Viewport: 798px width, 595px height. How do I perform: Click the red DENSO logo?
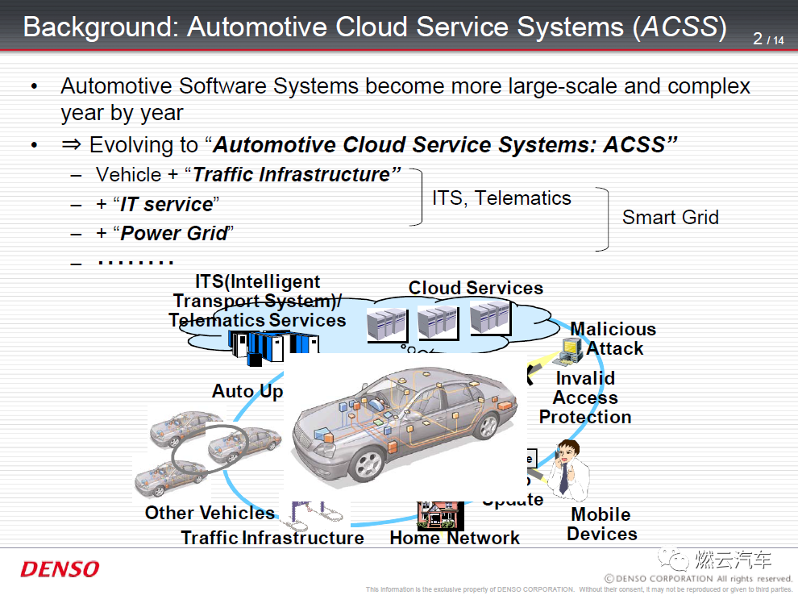coord(60,569)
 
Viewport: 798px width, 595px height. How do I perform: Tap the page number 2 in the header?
coord(758,38)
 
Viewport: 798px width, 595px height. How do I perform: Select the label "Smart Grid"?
coord(670,218)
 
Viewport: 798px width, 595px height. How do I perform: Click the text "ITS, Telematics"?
coord(501,198)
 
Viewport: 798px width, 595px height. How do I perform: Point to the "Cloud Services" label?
coord(476,288)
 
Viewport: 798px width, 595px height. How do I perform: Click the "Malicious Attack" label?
coord(613,339)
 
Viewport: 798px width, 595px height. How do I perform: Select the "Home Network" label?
coord(455,538)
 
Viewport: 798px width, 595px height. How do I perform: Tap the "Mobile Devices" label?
coord(601,524)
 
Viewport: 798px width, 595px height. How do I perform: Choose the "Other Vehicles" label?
coord(210,513)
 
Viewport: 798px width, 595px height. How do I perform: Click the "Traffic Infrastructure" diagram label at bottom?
coord(272,538)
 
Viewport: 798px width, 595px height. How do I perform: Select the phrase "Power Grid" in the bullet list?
coord(173,234)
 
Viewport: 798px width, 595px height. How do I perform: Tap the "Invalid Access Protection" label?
coord(585,397)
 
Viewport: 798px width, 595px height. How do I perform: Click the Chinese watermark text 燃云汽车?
coord(734,560)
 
